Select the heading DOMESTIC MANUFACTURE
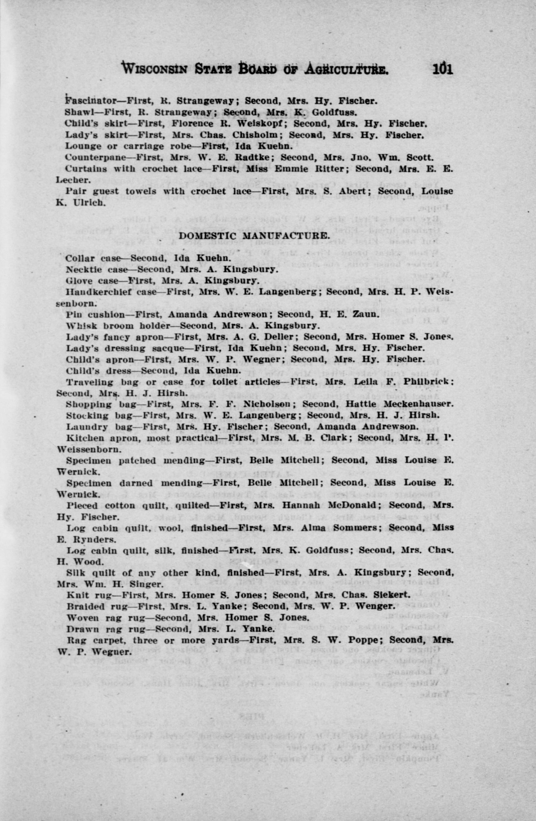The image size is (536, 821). (254, 236)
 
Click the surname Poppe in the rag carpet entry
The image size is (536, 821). (370, 640)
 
